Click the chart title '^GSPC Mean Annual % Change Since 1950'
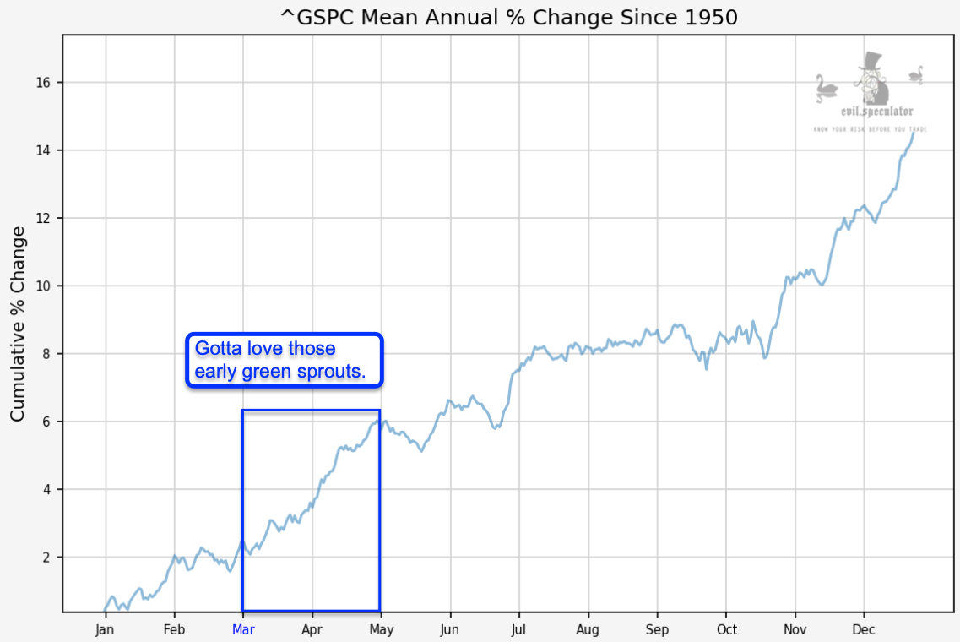[x=508, y=17]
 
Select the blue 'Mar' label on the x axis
[x=242, y=629]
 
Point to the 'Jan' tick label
[x=105, y=629]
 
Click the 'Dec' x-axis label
[x=864, y=629]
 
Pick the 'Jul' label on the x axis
[x=518, y=629]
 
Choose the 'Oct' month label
[x=726, y=629]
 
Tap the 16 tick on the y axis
[x=44, y=83]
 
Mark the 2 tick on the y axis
[x=47, y=558]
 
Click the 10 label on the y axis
[x=44, y=286]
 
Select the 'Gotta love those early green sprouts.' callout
[x=285, y=361]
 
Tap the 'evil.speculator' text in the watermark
[x=870, y=112]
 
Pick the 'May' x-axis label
[x=381, y=629]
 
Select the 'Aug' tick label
[x=588, y=629]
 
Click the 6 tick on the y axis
[x=47, y=422]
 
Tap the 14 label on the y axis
[x=44, y=150]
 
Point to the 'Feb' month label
[x=174, y=629]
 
